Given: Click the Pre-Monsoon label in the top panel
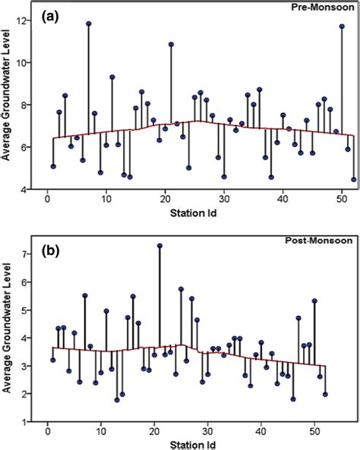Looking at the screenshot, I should click(x=323, y=8).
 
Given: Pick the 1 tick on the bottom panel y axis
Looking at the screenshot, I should click(x=33, y=422).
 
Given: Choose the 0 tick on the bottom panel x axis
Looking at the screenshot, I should click(x=47, y=433).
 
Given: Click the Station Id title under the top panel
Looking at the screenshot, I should click(x=194, y=212).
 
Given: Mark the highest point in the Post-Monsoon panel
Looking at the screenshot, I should click(x=159, y=246).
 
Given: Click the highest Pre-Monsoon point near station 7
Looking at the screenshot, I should click(x=88, y=24).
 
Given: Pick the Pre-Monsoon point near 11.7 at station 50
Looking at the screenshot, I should click(x=342, y=27).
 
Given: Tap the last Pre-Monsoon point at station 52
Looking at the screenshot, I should click(x=353, y=180).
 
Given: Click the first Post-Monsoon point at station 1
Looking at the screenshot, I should click(x=53, y=360).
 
